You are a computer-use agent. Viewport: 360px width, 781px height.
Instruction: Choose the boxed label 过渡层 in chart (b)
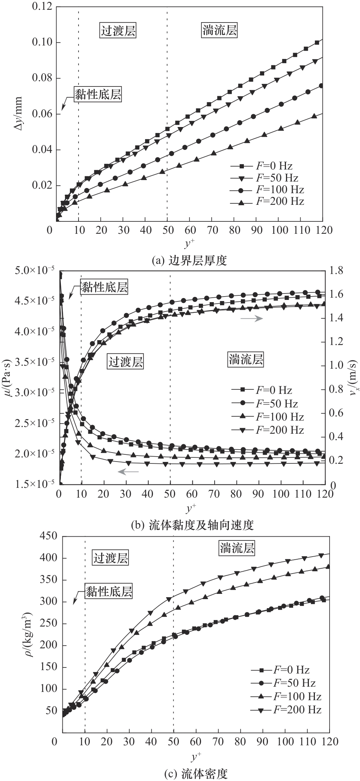point(126,362)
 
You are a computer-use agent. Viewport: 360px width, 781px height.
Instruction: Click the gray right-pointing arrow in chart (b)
point(251,318)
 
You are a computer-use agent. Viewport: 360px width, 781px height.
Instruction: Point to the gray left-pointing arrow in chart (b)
point(129,471)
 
